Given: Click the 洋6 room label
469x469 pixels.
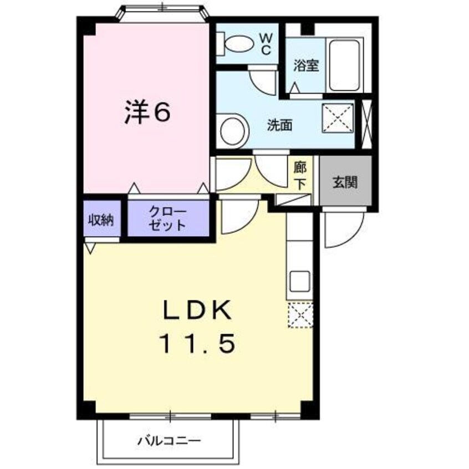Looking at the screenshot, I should pyautogui.click(x=146, y=113).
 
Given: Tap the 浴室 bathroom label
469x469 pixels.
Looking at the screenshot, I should pyautogui.click(x=305, y=64).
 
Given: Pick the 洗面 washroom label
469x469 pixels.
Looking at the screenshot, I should pyautogui.click(x=280, y=125).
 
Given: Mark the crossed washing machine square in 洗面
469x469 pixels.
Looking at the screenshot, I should pyautogui.click(x=338, y=118).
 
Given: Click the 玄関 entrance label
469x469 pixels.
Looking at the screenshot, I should pyautogui.click(x=344, y=182).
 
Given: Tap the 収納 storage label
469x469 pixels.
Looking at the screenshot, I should pyautogui.click(x=101, y=220).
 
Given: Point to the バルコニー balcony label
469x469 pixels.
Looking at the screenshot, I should pyautogui.click(x=169, y=441).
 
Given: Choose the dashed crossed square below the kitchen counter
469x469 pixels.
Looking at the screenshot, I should pyautogui.click(x=300, y=317).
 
